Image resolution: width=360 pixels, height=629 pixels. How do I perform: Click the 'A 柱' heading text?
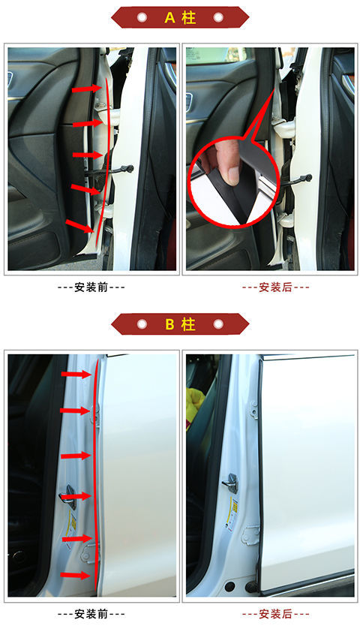pyautogui.click(x=180, y=17)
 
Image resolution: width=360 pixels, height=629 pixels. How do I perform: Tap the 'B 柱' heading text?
pyautogui.click(x=180, y=324)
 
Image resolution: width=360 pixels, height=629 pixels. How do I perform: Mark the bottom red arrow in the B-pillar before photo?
pyautogui.click(x=75, y=576)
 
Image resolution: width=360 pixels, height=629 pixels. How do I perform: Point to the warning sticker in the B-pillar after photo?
pyautogui.click(x=235, y=519)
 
